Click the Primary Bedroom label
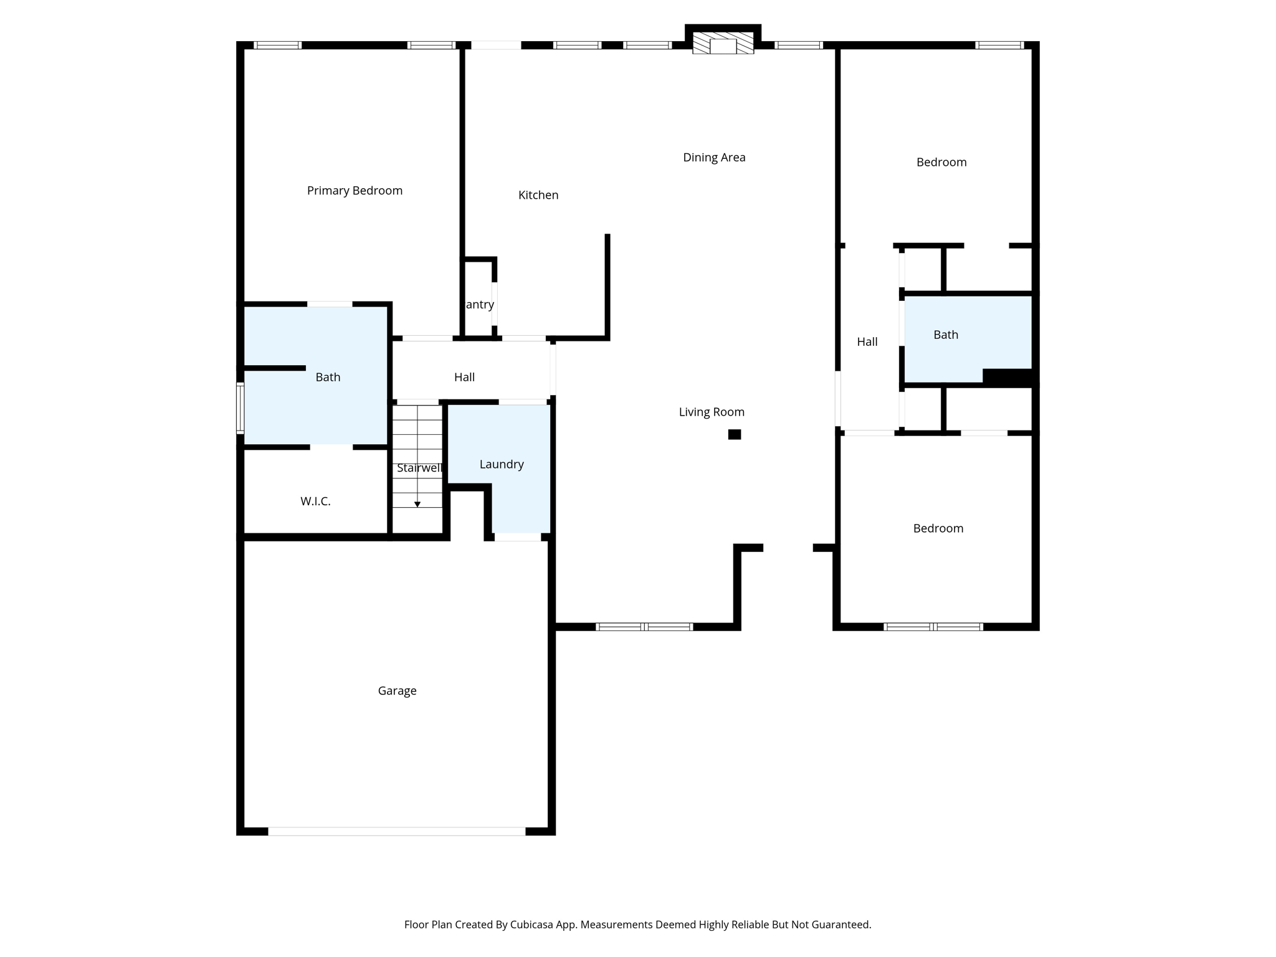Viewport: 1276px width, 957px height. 355,191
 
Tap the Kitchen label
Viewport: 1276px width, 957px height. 538,195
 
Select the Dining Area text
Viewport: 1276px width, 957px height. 714,158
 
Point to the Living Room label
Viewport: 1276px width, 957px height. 712,412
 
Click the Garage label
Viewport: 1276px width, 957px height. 397,690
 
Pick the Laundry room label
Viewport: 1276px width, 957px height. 502,464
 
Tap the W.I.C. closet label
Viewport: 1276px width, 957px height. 315,501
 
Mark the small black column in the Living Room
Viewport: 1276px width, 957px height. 735,434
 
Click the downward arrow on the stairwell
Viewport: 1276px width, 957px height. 417,503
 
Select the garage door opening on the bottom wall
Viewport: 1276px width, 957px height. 397,831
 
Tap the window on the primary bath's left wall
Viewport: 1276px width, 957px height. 240,408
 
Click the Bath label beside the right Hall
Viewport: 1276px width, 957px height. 945,335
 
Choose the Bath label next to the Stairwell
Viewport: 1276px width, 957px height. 328,377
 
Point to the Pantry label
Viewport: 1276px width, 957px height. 480,305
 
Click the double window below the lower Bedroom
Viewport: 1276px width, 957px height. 933,627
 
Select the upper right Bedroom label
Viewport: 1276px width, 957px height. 941,162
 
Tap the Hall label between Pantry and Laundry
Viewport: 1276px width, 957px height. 464,377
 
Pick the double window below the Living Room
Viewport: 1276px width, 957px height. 644,627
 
